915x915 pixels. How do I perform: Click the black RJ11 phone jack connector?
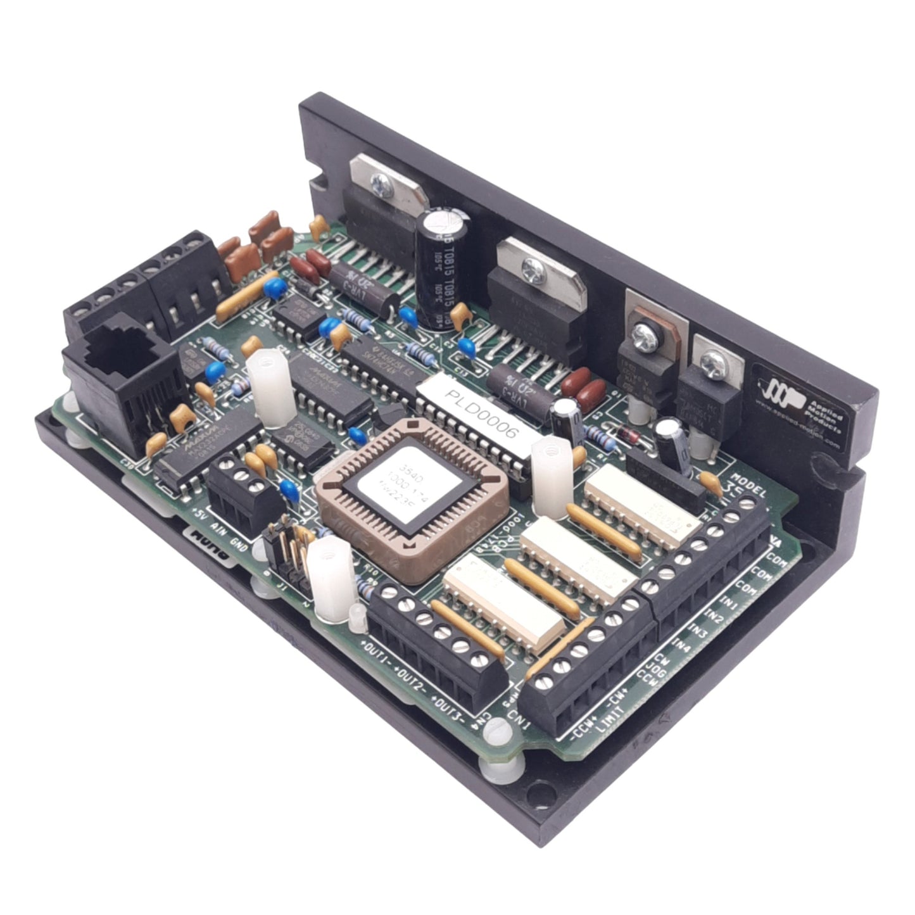coord(117,374)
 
